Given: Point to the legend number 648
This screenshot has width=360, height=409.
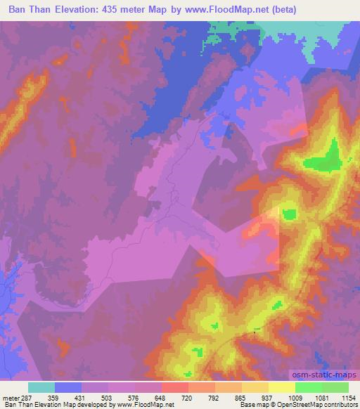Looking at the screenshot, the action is click(x=161, y=397).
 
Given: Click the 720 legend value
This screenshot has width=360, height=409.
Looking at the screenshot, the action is click(x=188, y=397).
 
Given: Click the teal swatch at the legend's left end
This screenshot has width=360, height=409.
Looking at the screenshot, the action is click(x=41, y=387).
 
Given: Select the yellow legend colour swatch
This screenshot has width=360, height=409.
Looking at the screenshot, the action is click(x=281, y=387).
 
